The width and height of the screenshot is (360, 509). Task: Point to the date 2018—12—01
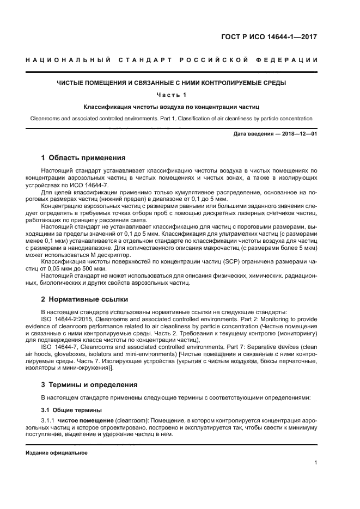298,134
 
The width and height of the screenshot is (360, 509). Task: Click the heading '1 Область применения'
83,158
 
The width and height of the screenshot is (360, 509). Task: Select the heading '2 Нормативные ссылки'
84,299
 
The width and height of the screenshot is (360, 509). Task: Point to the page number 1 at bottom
316,463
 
